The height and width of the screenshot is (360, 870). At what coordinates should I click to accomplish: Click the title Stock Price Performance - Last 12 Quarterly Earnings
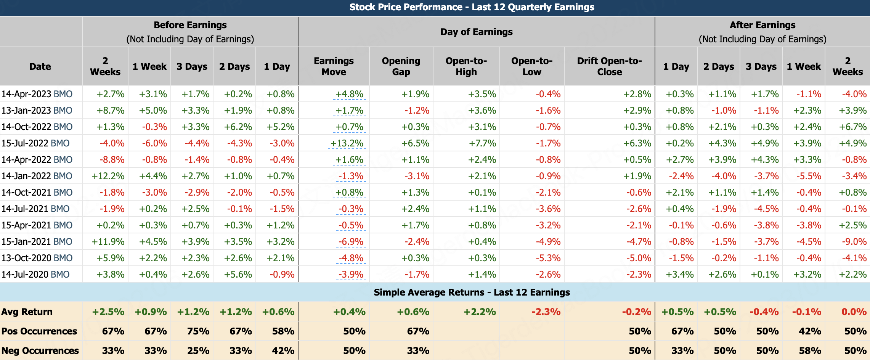pyautogui.click(x=472, y=7)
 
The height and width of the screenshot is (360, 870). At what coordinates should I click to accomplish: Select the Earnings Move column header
pyautogui.click(x=334, y=66)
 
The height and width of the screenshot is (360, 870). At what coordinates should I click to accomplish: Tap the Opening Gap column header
pyautogui.click(x=401, y=66)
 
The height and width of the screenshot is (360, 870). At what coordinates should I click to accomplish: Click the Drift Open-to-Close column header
pyautogui.click(x=609, y=66)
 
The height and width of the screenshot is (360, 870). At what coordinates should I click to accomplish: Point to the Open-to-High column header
pyautogui.click(x=466, y=66)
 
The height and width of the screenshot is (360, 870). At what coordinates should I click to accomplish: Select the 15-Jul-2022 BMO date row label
pyautogui.click(x=35, y=143)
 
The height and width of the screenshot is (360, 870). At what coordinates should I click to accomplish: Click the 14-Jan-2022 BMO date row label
pyautogui.click(x=37, y=176)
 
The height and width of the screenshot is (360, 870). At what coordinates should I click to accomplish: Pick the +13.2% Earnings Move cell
pyautogui.click(x=347, y=143)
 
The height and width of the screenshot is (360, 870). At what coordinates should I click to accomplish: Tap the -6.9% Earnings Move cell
pyautogui.click(x=351, y=242)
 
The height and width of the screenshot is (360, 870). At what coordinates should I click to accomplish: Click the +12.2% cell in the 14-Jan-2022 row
pyautogui.click(x=108, y=176)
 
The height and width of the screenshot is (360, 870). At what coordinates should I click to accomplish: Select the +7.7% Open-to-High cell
pyautogui.click(x=482, y=143)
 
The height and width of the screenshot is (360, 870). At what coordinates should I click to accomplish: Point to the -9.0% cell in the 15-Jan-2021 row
pyautogui.click(x=854, y=242)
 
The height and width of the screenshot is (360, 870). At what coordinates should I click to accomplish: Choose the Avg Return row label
pyautogui.click(x=27, y=312)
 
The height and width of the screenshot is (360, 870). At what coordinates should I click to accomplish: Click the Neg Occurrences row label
pyautogui.click(x=40, y=351)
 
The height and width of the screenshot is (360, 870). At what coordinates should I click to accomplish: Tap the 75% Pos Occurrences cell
pyautogui.click(x=198, y=331)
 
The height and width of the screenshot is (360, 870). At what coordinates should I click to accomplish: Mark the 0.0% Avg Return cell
pyautogui.click(x=854, y=312)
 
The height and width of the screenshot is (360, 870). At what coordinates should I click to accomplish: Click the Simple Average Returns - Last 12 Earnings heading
pyautogui.click(x=472, y=292)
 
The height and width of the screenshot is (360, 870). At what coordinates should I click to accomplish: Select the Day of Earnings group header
pyautogui.click(x=476, y=32)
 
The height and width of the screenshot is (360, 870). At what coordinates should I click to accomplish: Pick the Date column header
pyautogui.click(x=40, y=66)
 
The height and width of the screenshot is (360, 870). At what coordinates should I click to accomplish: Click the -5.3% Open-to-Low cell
pyautogui.click(x=548, y=258)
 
